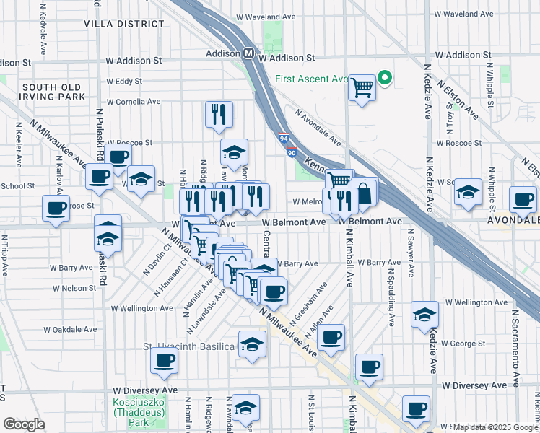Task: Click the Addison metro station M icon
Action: [248, 54]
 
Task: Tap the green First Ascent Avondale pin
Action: [385, 79]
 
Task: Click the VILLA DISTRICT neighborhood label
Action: [124, 24]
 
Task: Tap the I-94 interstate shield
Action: [284, 136]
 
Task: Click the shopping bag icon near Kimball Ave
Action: [365, 192]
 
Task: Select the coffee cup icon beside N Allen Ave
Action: [331, 337]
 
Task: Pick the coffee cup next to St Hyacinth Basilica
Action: [163, 361]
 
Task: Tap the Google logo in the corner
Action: [23, 424]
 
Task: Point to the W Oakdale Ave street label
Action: [70, 329]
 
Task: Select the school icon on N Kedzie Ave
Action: [424, 314]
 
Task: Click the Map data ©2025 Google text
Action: [495, 427]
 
